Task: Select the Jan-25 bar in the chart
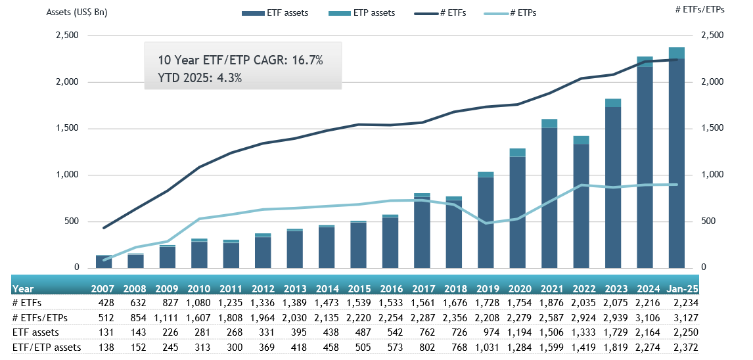[x=677, y=161]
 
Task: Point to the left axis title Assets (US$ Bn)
[x=77, y=12]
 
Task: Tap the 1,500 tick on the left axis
[x=66, y=129]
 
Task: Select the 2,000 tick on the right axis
[x=713, y=82]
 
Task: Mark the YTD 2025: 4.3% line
[x=200, y=78]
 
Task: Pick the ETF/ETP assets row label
[x=47, y=347]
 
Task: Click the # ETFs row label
[x=27, y=303]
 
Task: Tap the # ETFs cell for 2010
[x=198, y=303]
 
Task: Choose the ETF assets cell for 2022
[x=582, y=332]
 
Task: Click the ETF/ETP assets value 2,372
[x=685, y=347]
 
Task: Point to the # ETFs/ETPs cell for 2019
[x=486, y=317]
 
